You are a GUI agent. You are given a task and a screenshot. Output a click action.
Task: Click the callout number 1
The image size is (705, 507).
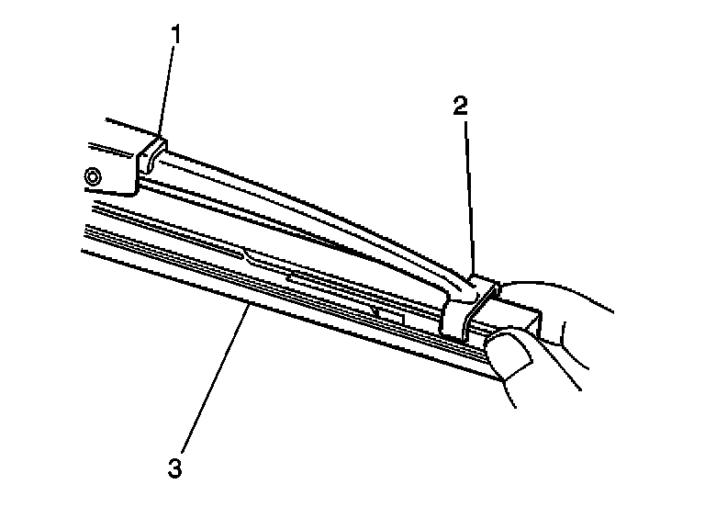[175, 37]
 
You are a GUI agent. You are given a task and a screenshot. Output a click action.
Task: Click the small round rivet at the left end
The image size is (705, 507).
[91, 175]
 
